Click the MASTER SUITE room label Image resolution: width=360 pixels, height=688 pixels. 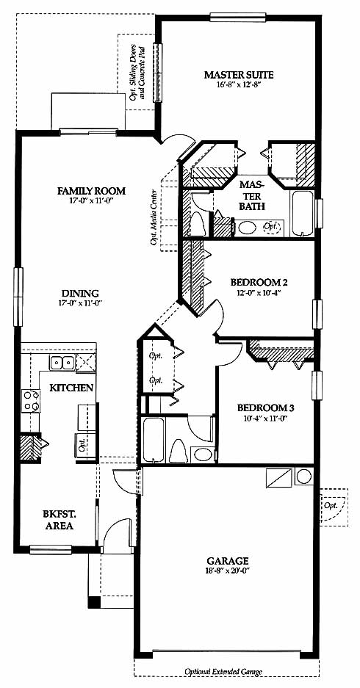pyautogui.click(x=239, y=75)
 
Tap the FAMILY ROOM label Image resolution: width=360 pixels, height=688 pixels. pyautogui.click(x=91, y=191)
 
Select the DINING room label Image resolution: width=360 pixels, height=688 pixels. pyautogui.click(x=79, y=294)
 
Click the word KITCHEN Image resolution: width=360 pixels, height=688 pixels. pyautogui.click(x=71, y=388)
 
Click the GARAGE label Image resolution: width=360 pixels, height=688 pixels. pyautogui.click(x=228, y=561)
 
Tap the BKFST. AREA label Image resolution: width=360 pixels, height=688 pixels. pyautogui.click(x=58, y=520)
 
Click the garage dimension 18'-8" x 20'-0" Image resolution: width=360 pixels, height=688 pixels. pyautogui.click(x=228, y=571)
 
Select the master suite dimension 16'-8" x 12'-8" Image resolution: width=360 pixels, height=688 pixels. pyautogui.click(x=240, y=84)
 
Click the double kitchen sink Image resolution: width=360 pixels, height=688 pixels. pyautogui.click(x=62, y=363)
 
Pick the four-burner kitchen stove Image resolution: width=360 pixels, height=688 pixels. pyautogui.click(x=31, y=401)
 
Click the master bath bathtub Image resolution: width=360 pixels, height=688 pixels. pyautogui.click(x=302, y=214)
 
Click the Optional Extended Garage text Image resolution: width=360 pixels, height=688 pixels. pyautogui.click(x=223, y=672)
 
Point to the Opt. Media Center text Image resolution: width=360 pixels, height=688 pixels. pyautogui.click(x=154, y=217)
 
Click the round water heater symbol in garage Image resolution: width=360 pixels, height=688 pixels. pyautogui.click(x=304, y=476)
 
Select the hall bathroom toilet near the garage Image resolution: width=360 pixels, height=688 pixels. pyautogui.click(x=178, y=451)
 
